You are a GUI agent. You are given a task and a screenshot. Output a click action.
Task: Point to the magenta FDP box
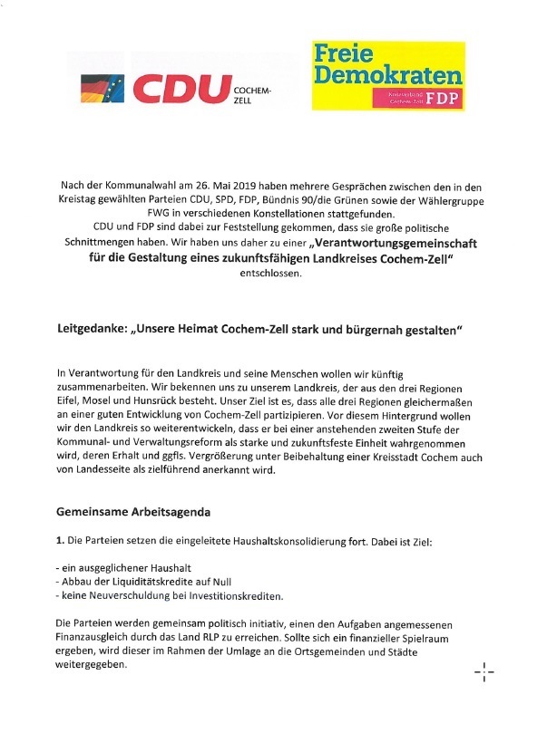pos(418,97)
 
